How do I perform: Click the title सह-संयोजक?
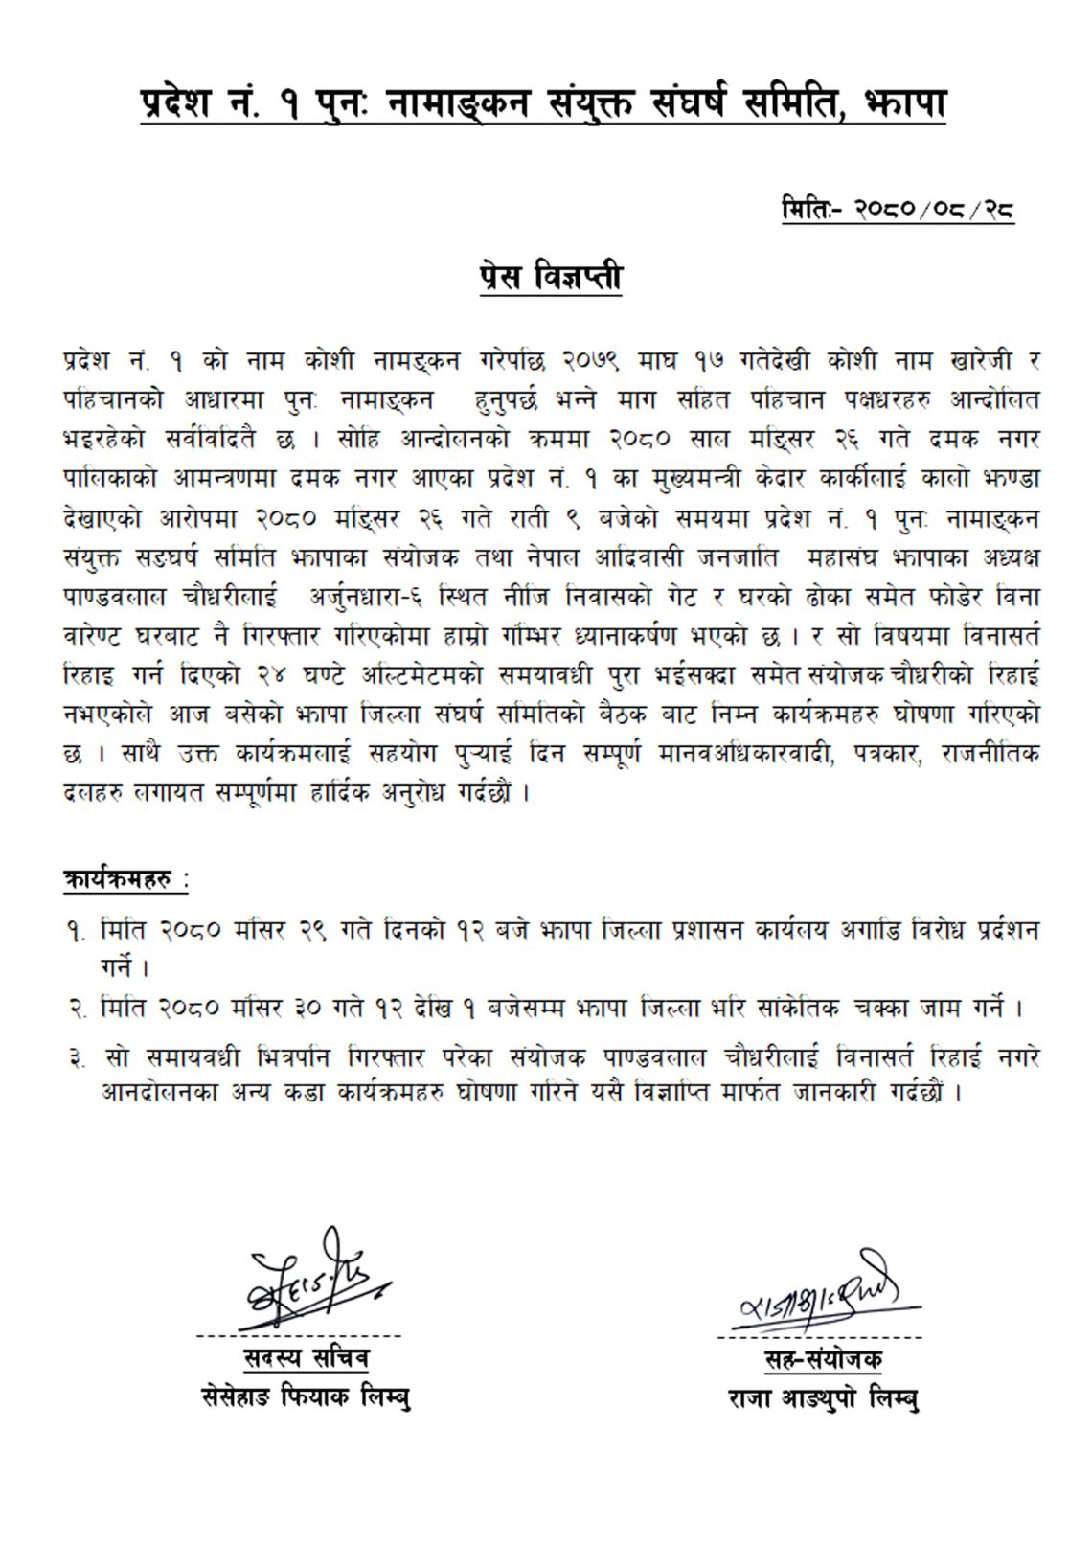coord(823,1359)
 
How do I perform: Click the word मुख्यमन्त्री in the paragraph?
coord(679,479)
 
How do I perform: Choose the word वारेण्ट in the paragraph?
coord(98,636)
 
